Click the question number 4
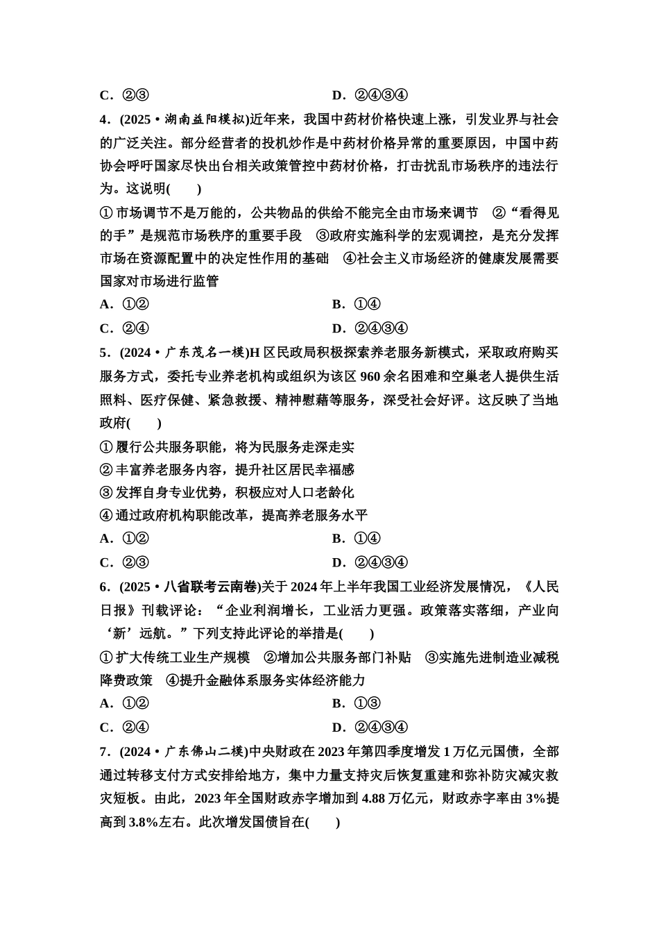click(x=105, y=120)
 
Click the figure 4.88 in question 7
click(x=377, y=798)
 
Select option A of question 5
click(x=125, y=539)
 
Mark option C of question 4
click(x=125, y=328)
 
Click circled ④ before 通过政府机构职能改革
click(x=106, y=516)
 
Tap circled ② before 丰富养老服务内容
click(x=106, y=470)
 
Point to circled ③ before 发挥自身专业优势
click(x=106, y=493)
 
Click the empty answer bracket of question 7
click(x=323, y=823)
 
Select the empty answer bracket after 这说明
click(x=184, y=189)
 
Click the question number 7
click(x=105, y=752)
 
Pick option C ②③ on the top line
click(x=125, y=95)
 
